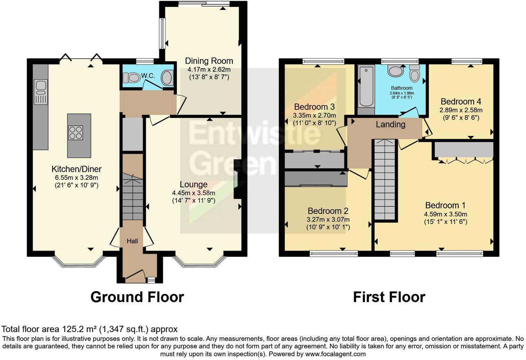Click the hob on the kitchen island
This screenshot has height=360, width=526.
pos(76,132)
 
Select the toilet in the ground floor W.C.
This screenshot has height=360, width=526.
pos(130,78)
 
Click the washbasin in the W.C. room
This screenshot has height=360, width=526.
pos(167,78)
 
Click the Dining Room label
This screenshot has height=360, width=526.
pos(209,61)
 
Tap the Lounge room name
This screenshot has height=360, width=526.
pos(193,184)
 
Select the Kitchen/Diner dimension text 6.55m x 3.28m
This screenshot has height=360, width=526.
pos(76,178)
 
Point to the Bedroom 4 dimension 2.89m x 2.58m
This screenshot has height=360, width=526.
pos(461,110)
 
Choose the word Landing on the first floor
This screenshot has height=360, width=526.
pos(390,124)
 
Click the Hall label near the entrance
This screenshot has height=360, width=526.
pos(132,241)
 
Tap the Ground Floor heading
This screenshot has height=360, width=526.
pos(137,297)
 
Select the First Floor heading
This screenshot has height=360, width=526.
pos(389,297)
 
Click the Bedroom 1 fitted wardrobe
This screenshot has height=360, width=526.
pos(464,150)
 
